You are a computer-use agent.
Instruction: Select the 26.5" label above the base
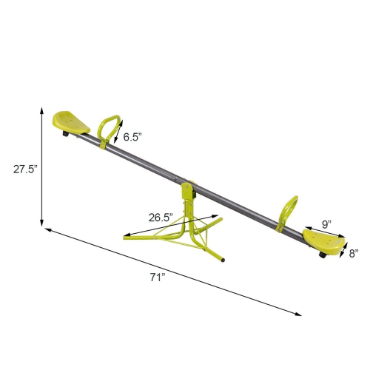pos(159,218)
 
